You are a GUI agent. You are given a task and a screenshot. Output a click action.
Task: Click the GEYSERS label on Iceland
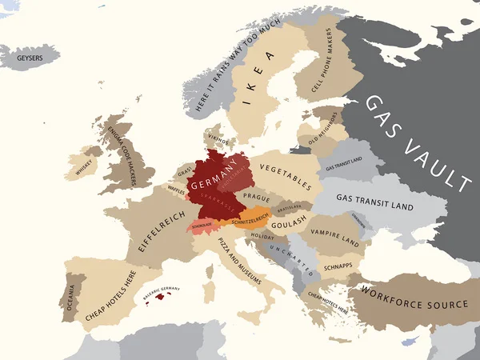click(30, 58)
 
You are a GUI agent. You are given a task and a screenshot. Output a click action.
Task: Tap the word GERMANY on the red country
click(218, 172)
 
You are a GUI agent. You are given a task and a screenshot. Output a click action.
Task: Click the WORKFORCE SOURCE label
click(414, 305)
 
